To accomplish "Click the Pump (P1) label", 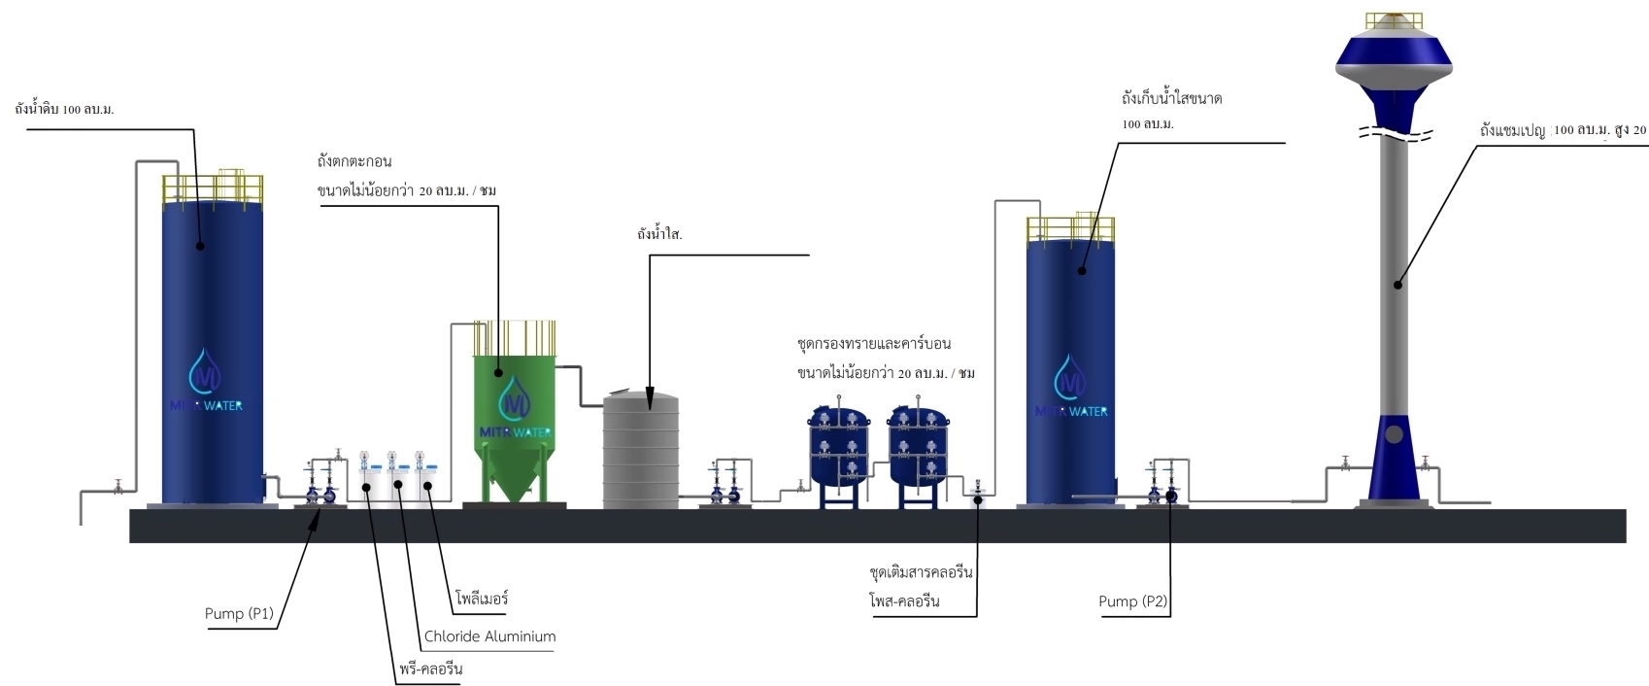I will pyautogui.click(x=239, y=613).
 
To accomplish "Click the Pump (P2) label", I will pyautogui.click(x=1132, y=601).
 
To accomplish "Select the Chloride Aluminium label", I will pyautogui.click(x=489, y=636).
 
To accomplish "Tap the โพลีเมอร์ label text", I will pyautogui.click(x=481, y=599).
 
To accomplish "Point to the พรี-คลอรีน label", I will pyautogui.click(x=430, y=669).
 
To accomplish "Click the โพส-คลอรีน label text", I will pyautogui.click(x=904, y=601).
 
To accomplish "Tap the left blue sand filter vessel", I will pyautogui.click(x=840, y=447).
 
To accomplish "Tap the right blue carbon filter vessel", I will pyautogui.click(x=917, y=447).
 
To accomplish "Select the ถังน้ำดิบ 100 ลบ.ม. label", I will pyautogui.click(x=64, y=109).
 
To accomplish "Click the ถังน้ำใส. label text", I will pyautogui.click(x=660, y=235).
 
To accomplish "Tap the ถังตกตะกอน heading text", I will pyautogui.click(x=353, y=161).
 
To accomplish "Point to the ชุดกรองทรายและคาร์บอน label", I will pyautogui.click(x=873, y=344).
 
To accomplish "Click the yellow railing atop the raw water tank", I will pyautogui.click(x=213, y=188).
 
